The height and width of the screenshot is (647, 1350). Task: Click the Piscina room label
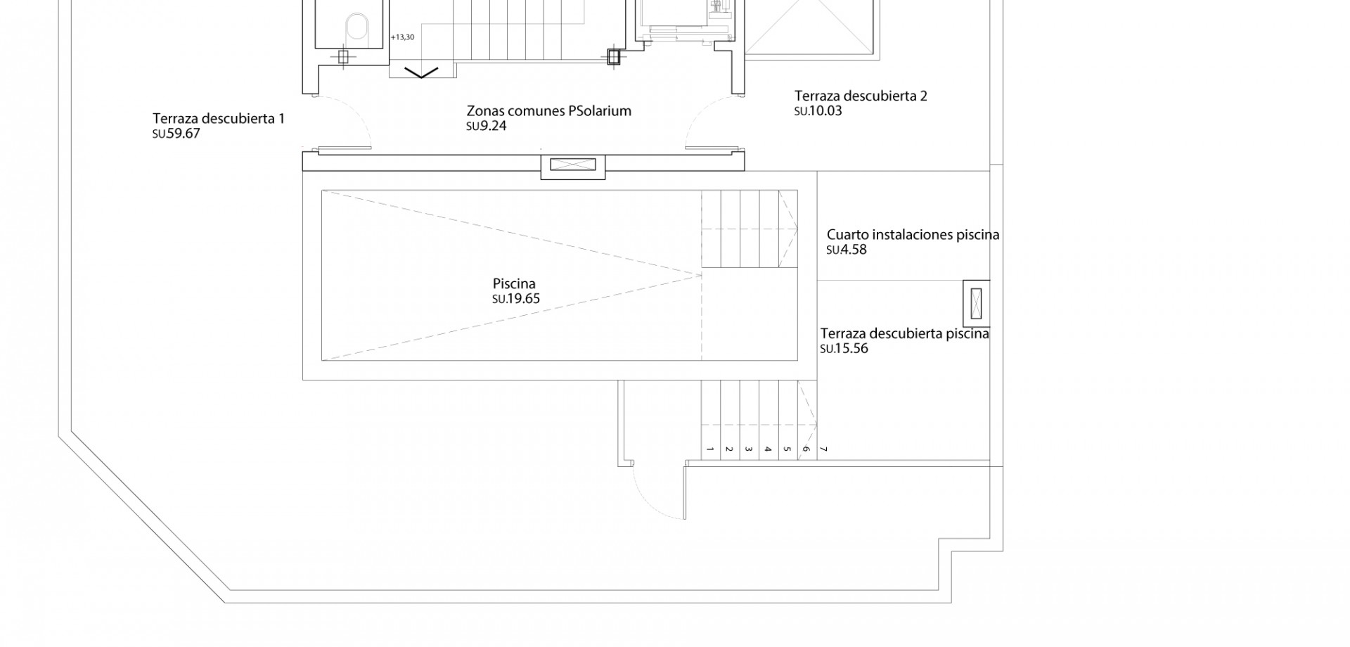[x=514, y=284]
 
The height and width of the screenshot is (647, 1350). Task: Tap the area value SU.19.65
[x=516, y=299]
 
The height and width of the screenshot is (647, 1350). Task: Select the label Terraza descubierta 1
[x=219, y=118]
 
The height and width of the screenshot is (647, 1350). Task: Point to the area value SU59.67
[x=176, y=134]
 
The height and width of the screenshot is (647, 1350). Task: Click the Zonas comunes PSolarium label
[x=549, y=111]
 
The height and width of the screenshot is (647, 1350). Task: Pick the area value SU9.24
[x=487, y=127]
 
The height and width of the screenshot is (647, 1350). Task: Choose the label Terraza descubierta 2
[x=861, y=96]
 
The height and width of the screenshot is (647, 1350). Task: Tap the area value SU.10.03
[x=818, y=111]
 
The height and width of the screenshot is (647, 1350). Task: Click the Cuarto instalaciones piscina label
[x=913, y=235]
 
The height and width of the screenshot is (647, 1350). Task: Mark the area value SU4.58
[x=847, y=250]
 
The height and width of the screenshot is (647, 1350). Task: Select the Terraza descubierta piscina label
[x=904, y=334]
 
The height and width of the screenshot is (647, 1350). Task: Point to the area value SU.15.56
[x=844, y=349]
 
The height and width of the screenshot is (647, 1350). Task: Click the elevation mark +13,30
[x=402, y=37]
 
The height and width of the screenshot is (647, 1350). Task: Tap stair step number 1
[x=710, y=449]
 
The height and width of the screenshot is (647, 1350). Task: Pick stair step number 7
[x=824, y=449]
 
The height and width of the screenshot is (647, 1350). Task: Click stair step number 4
[x=768, y=449]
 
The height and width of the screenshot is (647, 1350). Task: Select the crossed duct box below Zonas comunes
[x=572, y=165]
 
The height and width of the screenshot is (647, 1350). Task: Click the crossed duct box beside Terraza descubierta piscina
[x=975, y=303]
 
